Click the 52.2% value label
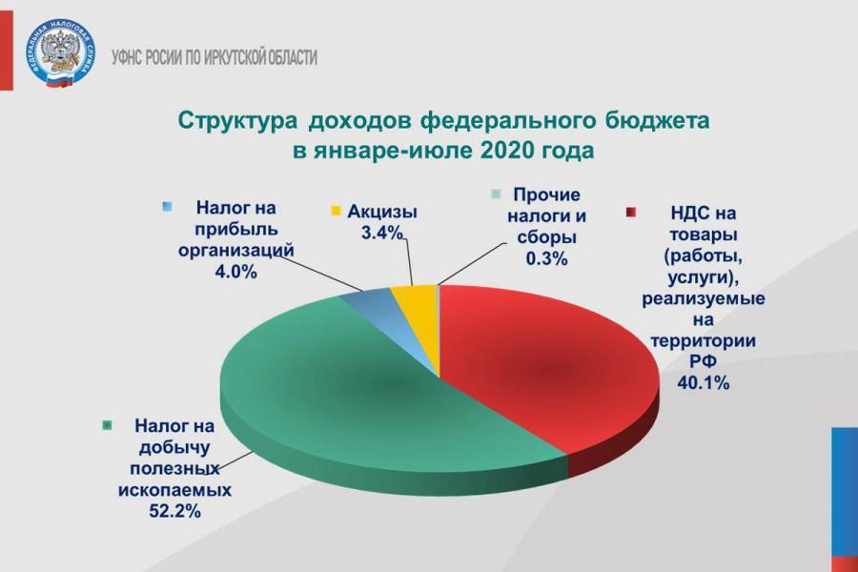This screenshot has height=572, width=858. click(x=175, y=511)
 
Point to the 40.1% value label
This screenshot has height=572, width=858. click(x=704, y=382)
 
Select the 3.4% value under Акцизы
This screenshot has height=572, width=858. click(x=381, y=234)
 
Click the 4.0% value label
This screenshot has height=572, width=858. click(x=235, y=272)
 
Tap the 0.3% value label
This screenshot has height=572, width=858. click(x=546, y=258)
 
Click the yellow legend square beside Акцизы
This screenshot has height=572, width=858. click(x=336, y=211)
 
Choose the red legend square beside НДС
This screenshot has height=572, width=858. click(x=631, y=213)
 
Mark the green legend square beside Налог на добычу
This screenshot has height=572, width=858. click(x=107, y=425)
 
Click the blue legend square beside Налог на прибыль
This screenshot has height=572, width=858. click(x=168, y=207)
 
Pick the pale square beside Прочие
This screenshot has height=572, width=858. click(x=497, y=194)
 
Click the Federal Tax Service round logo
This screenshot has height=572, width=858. click(x=60, y=52)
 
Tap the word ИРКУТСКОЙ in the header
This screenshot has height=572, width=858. click(x=235, y=57)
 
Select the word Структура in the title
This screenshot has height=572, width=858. click(x=238, y=121)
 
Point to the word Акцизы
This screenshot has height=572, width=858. click(x=382, y=212)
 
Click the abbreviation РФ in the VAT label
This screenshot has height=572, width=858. click(x=704, y=361)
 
